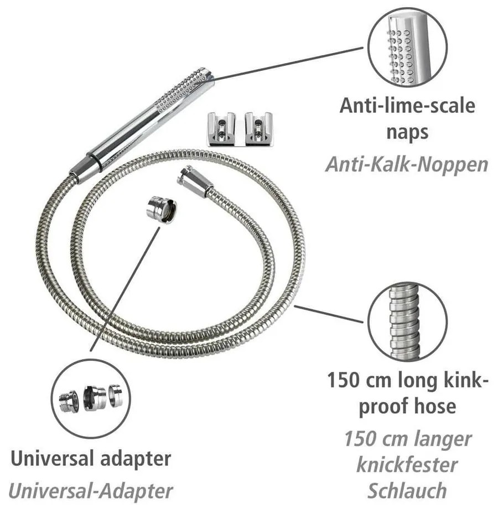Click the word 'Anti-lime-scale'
click(x=407, y=105)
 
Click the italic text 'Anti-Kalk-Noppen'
click(x=407, y=164)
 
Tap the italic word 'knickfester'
click(x=407, y=465)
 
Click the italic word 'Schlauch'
click(x=407, y=491)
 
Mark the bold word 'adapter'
click(x=139, y=459)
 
